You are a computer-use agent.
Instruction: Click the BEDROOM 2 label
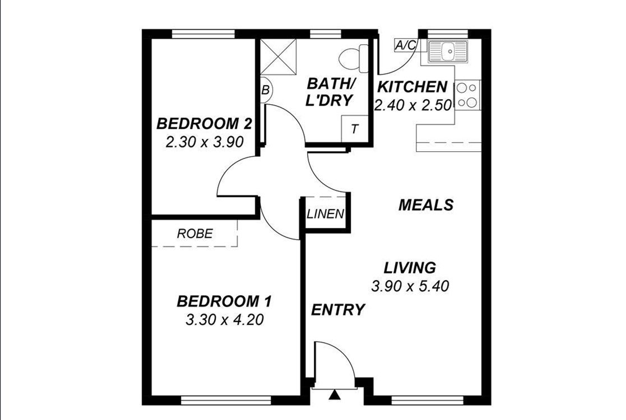tap(204, 124)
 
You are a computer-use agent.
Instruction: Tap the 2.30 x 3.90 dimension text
tap(205, 142)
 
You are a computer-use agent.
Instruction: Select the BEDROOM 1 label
tap(224, 301)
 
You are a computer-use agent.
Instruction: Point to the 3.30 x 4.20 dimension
tap(225, 320)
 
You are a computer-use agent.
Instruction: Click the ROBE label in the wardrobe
tap(195, 234)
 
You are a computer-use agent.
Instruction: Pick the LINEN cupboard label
tap(326, 214)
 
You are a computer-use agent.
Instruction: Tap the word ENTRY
tap(338, 310)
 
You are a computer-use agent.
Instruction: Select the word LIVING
tap(410, 268)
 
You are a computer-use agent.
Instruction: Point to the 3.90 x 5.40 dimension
tap(410, 286)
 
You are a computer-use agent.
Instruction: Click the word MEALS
tap(426, 205)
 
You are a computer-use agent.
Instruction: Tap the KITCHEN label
tap(412, 87)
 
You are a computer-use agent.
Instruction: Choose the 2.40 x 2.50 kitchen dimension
tap(414, 105)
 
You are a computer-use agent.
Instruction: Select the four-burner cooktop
tap(467, 95)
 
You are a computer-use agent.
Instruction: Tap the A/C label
tap(405, 45)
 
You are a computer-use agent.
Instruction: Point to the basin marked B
tap(266, 90)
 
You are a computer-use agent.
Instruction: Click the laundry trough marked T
tap(355, 129)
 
